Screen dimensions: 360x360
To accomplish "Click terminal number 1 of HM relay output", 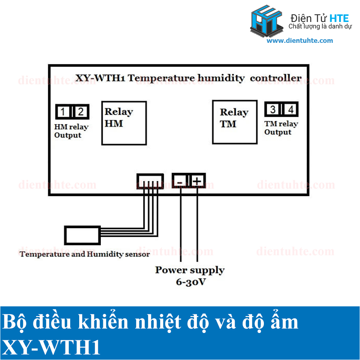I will [x=63, y=112].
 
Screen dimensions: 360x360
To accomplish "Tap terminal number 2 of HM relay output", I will [x=81, y=112].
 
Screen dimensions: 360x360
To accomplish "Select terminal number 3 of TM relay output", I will [x=273, y=109].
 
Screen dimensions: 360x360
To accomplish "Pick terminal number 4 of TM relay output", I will [x=290, y=109].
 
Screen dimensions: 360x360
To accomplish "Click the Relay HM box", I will [x=125, y=123].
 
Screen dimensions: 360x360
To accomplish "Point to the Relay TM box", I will [x=235, y=122].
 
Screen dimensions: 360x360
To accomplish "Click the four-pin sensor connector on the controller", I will [x=150, y=181].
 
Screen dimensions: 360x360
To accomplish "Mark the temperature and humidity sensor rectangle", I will [x=82, y=235].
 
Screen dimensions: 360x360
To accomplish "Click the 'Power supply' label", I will [x=190, y=270].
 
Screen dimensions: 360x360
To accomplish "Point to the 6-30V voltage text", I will [x=191, y=282].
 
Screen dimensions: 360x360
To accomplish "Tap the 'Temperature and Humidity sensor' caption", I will [x=85, y=255].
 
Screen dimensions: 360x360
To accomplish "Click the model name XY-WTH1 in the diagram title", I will [x=100, y=78].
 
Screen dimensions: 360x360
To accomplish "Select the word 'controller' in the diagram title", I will [x=276, y=78].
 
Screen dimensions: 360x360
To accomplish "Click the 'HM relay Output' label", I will [x=71, y=131].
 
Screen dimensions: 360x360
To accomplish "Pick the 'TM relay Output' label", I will [x=281, y=128].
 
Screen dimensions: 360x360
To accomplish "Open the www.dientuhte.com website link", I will [x=300, y=41].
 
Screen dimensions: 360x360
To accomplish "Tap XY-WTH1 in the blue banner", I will [x=51, y=348].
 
